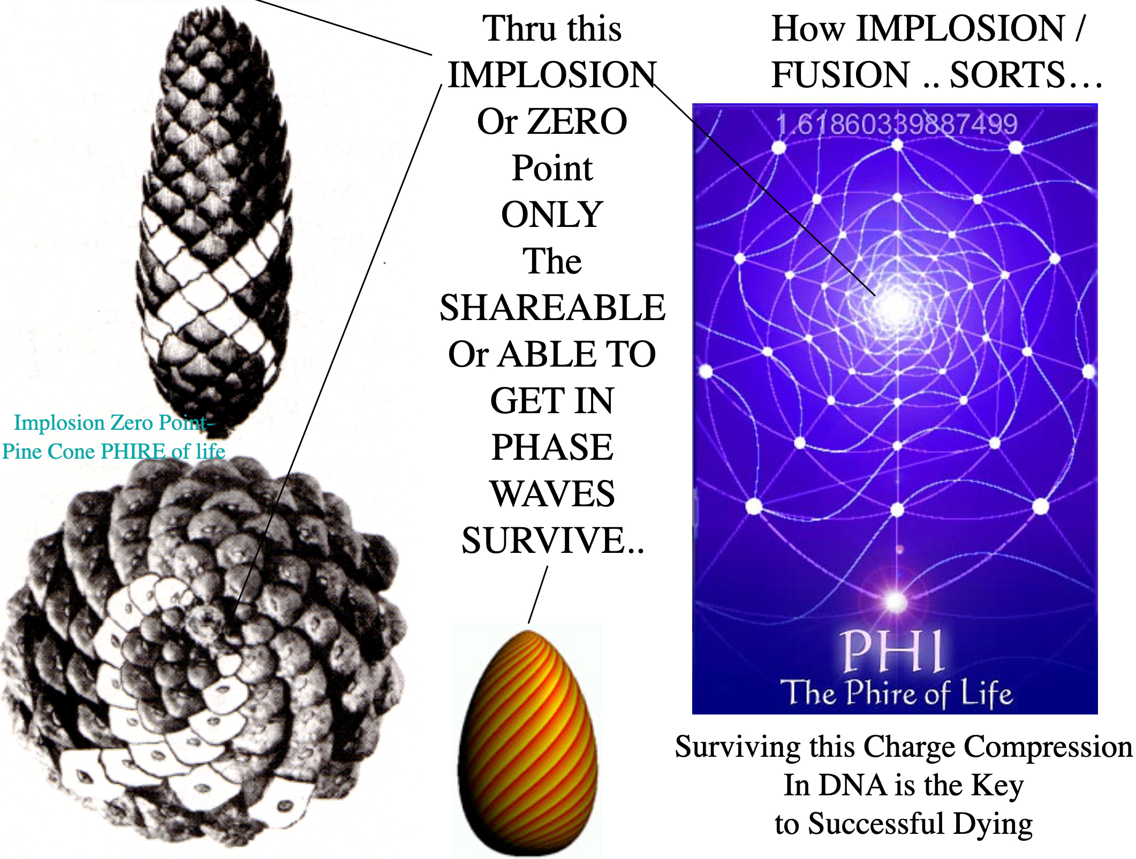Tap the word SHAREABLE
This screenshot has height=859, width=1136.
552,308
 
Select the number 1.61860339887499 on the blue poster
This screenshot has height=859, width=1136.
896,124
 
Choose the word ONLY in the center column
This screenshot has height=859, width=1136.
552,215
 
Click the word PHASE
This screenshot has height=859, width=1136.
552,447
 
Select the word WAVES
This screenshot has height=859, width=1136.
552,494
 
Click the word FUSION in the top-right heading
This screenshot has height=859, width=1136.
840,74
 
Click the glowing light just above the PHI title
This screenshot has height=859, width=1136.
895,600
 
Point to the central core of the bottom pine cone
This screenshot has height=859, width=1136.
206,621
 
